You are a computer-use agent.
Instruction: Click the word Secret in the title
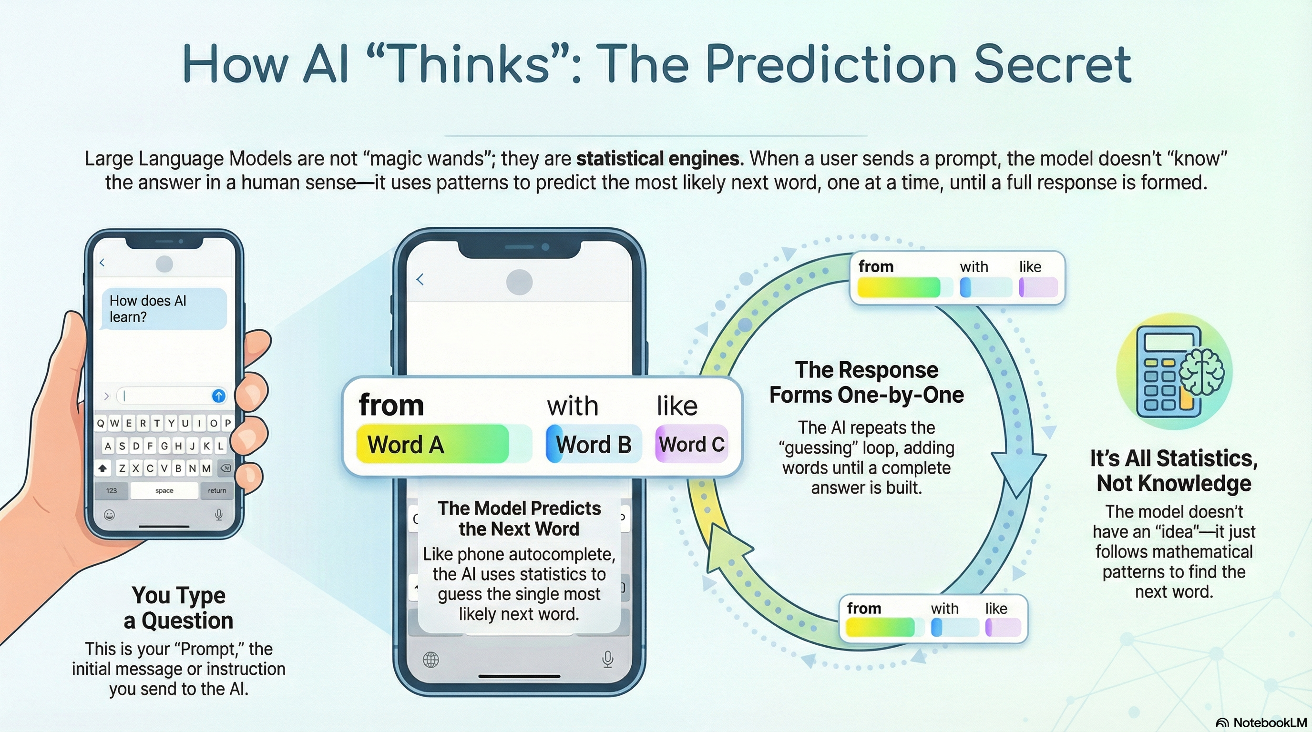1052,65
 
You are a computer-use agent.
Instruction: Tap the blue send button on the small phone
218,396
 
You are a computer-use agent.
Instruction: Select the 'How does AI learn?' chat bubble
164,308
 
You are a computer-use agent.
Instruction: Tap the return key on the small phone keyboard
217,490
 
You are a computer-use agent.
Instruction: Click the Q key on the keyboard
101,423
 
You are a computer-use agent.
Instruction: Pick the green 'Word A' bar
433,444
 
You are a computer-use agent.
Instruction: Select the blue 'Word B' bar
593,444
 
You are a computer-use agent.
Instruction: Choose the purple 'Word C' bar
691,444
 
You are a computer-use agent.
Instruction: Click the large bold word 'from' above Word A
391,405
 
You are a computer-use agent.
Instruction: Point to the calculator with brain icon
1173,372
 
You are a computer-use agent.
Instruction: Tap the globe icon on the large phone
431,660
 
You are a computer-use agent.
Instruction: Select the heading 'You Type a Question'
178,608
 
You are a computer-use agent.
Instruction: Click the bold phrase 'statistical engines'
657,159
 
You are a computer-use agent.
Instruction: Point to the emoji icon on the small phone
109,515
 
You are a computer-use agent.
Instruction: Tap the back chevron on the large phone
420,279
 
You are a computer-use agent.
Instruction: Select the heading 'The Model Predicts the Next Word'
519,518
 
